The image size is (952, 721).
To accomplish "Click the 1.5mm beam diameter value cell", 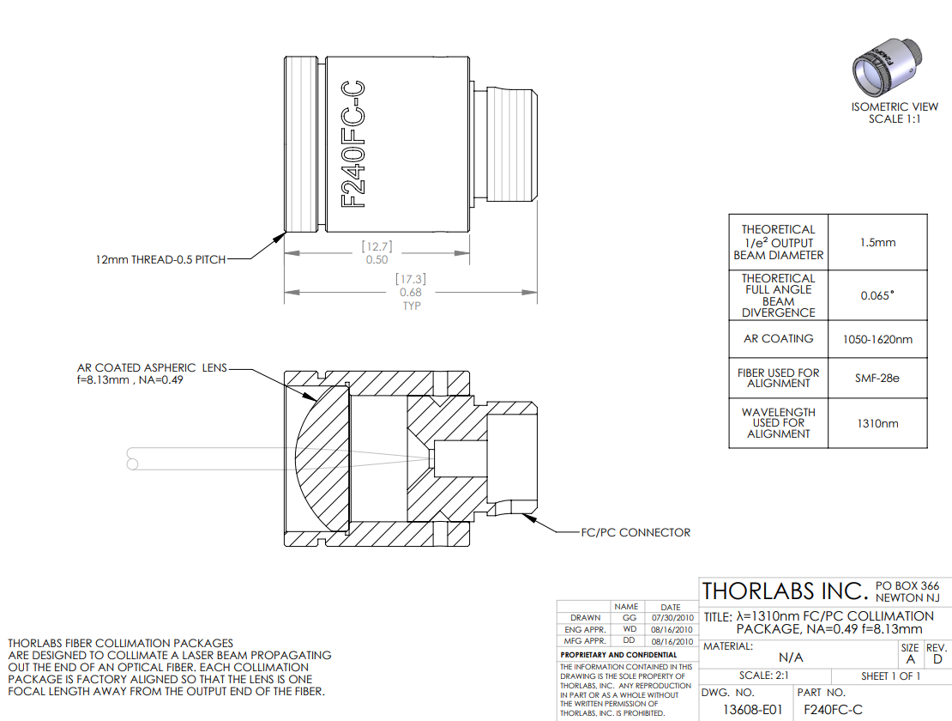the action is pos(877,242).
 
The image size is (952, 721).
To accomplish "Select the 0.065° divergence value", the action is pos(877,296).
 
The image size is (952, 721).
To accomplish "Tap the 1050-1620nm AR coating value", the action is pos(877,340).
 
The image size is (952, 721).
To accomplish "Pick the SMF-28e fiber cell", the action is pos(877,378).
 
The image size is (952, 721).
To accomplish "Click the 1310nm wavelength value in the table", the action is pos(877,423).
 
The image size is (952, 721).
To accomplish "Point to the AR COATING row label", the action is pos(779,338).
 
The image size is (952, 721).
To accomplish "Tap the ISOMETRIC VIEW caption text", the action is pos(895,107).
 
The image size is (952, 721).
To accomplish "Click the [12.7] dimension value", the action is pos(377,246).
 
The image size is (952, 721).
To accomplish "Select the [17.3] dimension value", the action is pos(411,279).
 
